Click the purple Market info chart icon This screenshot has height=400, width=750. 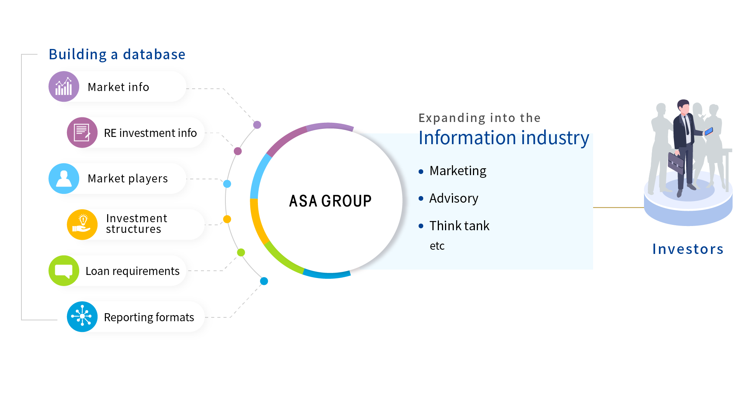pos(64,86)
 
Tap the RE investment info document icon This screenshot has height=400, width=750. pos(82,133)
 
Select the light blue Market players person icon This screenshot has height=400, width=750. pos(64,179)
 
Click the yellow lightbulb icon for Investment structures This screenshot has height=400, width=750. pos(82,224)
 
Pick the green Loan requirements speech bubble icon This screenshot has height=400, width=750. pos(64,271)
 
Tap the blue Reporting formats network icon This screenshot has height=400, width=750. pos(82,317)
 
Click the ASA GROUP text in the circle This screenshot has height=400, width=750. pos(330,201)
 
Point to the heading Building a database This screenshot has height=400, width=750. pos(117,54)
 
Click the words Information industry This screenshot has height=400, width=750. pos(504,138)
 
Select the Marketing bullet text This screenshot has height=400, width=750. pos(458,171)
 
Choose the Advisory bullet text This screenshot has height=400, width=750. pos(453,198)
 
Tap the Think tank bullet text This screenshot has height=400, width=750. pos(459,226)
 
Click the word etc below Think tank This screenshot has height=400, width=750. pos(437,246)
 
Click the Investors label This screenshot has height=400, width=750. pos(688,249)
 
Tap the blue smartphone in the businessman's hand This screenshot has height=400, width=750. pos(709,131)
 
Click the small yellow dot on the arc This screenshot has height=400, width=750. pos(227,219)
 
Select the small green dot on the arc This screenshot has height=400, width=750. pos(241,252)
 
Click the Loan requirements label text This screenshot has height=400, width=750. pos(132,271)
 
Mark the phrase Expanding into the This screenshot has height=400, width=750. pos(479,118)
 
